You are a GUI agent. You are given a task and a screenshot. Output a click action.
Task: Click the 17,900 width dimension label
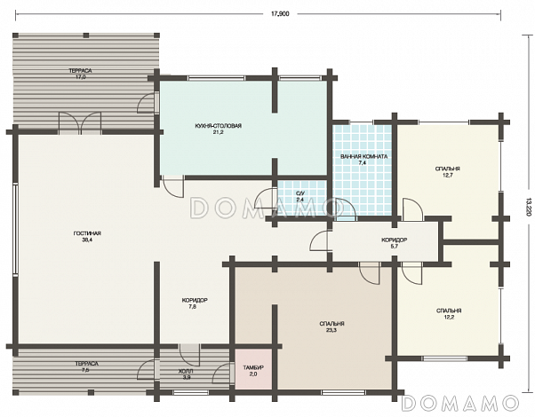coord(280,14)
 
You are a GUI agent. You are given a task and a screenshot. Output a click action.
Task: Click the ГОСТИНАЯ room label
coord(87,233)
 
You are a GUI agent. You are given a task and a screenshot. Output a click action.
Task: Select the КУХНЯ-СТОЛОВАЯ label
coord(219,126)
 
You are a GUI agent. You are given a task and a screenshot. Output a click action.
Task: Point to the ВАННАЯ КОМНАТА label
coord(363,157)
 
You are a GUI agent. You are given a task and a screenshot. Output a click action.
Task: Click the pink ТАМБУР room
coord(252,368)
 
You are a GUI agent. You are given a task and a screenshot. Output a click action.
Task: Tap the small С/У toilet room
coord(301,197)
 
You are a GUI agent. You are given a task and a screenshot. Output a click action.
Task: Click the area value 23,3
coord(331,330)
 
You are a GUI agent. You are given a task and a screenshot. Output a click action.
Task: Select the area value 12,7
coord(447,175)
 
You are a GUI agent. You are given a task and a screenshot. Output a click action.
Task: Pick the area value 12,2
coord(449,317)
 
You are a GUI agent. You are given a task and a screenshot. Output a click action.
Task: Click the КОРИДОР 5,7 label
coord(394,243)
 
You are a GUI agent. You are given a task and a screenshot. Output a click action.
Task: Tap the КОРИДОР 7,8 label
coord(195,303)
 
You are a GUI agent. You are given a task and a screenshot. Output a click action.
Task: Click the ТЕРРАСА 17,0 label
coord(80,74)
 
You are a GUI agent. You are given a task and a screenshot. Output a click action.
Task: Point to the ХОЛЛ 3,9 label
coord(186,374)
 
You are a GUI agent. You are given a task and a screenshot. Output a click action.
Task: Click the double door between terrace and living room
coord(80,122)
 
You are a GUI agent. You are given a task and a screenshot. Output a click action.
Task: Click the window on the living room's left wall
coord(15,228)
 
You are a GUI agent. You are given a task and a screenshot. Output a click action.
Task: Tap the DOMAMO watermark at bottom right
coord(460,404)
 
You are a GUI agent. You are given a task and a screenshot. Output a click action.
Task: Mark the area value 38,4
coord(87,240)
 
